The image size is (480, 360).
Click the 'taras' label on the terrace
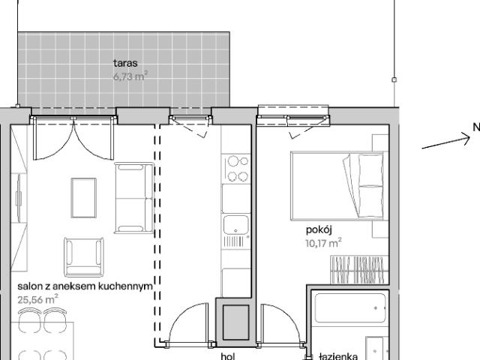[x=125, y=64]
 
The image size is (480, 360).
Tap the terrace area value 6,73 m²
[x=130, y=76]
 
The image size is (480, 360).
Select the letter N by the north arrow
[x=475, y=127]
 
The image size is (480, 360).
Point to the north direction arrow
[x=445, y=141]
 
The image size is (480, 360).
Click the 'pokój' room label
[x=319, y=230]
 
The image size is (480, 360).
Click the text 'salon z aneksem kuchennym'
[x=85, y=286]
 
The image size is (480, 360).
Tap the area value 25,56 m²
[x=37, y=298]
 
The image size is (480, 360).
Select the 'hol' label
[x=228, y=357]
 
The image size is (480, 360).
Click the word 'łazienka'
[x=338, y=357]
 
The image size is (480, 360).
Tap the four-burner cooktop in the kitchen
[x=237, y=169]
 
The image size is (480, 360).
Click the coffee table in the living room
[x=83, y=197]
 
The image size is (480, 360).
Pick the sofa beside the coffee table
[x=133, y=198]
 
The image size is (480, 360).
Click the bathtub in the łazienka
[x=349, y=307]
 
